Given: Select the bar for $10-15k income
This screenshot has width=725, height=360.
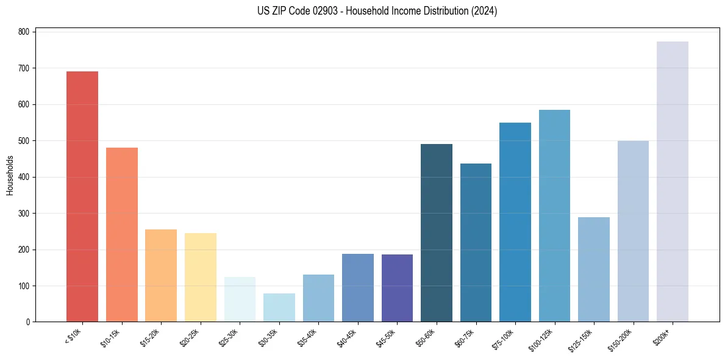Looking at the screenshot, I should click(x=121, y=234).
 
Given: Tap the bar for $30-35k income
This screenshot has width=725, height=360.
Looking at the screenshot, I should click(x=279, y=308).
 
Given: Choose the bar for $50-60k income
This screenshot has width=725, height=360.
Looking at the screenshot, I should click(x=437, y=232).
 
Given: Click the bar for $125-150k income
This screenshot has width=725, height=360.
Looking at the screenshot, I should click(x=593, y=269).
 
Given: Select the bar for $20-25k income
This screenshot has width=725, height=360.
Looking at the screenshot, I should click(x=200, y=277).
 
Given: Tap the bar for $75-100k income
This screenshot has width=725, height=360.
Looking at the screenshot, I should click(x=515, y=222).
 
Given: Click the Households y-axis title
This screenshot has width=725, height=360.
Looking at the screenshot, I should click(x=10, y=175).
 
